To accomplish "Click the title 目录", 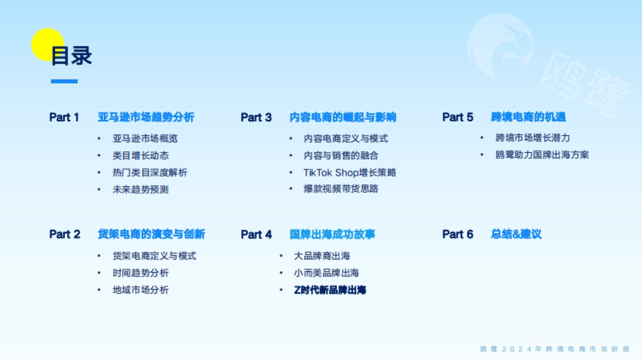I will click(x=72, y=56).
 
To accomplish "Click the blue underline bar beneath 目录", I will click(x=64, y=81).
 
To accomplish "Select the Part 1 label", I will click(x=64, y=117).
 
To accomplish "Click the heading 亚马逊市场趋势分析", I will click(x=146, y=117).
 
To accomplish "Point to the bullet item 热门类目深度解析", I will click(x=150, y=172).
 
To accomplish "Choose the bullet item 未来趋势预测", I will click(x=141, y=189).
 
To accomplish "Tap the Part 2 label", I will click(x=65, y=234).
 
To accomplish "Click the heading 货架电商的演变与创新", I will click(x=151, y=234).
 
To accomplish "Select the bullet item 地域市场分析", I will click(x=141, y=290).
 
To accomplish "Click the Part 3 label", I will click(x=256, y=117).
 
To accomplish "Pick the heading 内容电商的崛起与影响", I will click(x=342, y=117).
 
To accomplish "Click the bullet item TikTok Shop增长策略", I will click(x=350, y=172).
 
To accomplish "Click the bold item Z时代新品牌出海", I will click(x=330, y=290).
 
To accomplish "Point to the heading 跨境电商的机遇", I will click(x=528, y=117).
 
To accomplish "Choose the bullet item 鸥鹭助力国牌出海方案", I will click(x=542, y=155).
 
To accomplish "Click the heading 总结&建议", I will click(x=516, y=234).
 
